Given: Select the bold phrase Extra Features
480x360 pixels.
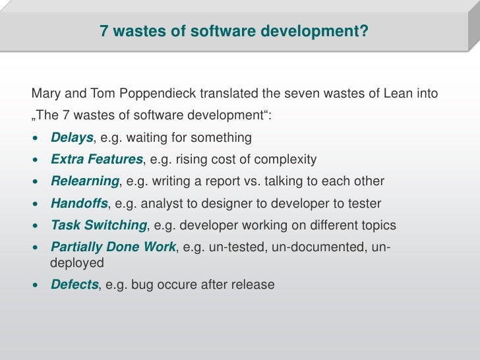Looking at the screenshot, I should (97, 160).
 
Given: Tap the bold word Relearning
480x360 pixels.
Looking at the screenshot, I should (85, 181).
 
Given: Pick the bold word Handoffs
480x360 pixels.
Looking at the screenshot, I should (79, 203).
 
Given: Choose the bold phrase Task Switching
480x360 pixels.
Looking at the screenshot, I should (99, 225).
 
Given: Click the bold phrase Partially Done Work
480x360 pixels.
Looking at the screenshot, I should (113, 247).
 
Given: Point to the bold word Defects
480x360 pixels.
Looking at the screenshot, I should (75, 285).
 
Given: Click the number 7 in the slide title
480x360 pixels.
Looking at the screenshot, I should (104, 30).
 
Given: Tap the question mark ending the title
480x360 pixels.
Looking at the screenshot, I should (364, 30).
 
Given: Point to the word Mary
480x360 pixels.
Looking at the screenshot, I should (45, 94).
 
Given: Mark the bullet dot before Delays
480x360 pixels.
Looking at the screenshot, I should (37, 138).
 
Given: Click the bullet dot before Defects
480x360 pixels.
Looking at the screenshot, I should (37, 285).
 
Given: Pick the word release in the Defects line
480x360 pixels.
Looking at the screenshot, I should (254, 285).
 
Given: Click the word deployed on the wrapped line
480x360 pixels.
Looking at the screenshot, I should (77, 262).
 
